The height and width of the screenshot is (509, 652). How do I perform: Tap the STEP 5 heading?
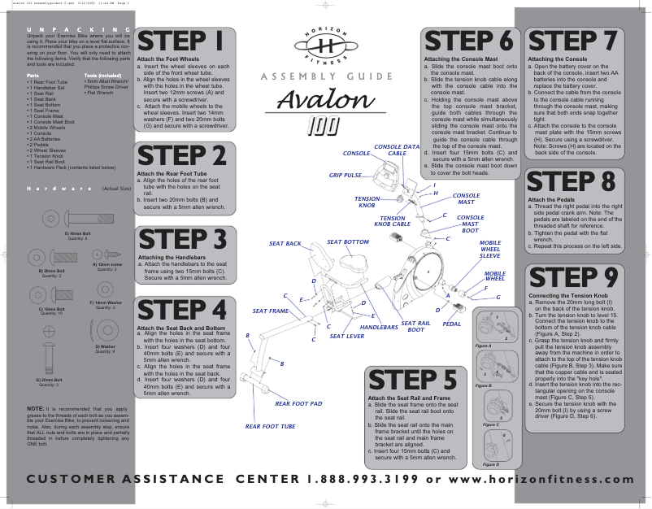coord(412,380)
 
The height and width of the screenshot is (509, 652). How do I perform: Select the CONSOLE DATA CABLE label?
coord(396,150)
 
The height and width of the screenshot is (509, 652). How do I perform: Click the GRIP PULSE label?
coord(346,175)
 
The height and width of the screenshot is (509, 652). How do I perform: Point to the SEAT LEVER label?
coord(346,336)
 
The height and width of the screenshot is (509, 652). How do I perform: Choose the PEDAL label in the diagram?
coord(451,324)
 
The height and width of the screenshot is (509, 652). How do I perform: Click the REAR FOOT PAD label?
coord(298,403)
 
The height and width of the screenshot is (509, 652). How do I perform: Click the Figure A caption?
coord(483,346)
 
